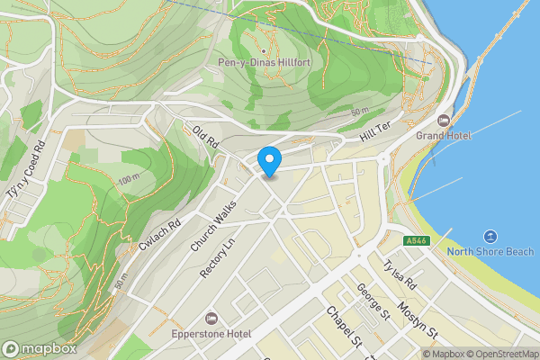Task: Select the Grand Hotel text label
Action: coord(443,135)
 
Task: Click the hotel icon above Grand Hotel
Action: coord(443,120)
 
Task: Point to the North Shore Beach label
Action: coord(490,252)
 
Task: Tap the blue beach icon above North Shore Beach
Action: coord(490,235)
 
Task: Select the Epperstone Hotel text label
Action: coord(212,335)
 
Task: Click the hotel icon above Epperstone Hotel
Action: coord(212,319)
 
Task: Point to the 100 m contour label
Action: coord(130,181)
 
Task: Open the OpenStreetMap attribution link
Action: coord(500,354)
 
